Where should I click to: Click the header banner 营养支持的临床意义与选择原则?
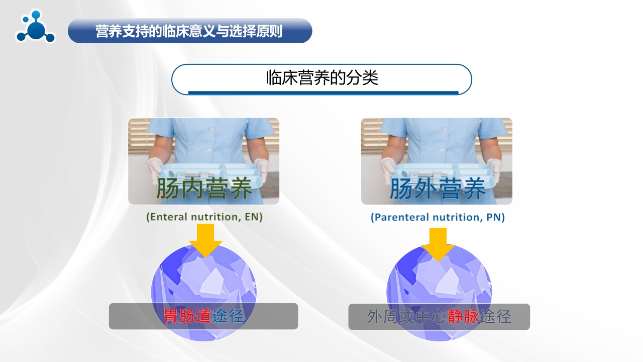189,31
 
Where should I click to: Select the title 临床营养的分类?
321,78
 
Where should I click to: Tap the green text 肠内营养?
204,189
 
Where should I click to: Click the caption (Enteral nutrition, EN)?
204,217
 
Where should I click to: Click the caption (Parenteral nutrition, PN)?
438,217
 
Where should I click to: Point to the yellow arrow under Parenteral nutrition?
438,243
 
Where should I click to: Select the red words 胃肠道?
187,316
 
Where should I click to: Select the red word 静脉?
465,317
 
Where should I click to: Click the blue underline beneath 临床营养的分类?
323,93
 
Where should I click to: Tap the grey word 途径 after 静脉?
496,317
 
